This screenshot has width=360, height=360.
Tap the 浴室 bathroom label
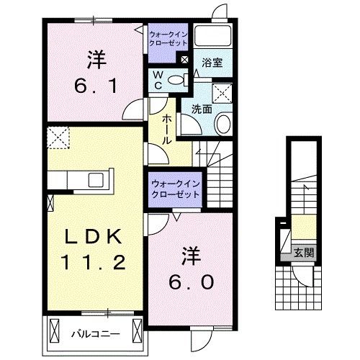point(212,63)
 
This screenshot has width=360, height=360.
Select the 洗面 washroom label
point(201,109)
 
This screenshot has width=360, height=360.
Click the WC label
point(158,80)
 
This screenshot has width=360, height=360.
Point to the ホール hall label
point(166,130)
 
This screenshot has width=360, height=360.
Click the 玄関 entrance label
point(304,253)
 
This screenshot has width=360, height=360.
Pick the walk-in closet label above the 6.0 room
point(175,189)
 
